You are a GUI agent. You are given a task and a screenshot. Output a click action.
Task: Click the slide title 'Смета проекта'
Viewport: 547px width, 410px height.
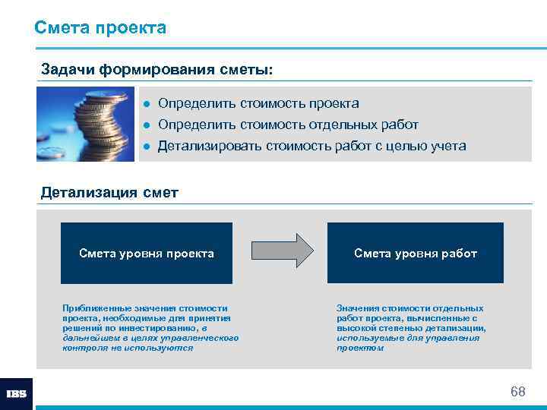point(100,28)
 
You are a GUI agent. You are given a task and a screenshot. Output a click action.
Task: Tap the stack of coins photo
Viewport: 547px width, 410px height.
point(82,123)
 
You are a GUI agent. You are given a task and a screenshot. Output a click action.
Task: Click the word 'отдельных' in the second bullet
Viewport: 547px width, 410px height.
point(337,125)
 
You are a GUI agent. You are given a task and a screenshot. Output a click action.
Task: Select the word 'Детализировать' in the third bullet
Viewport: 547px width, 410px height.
point(209,146)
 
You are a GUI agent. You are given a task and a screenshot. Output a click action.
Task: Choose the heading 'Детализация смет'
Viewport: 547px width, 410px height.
point(109,192)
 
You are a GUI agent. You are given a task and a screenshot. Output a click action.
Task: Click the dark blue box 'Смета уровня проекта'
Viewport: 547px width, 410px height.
point(147,253)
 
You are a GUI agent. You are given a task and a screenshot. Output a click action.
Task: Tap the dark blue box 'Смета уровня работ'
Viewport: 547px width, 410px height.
point(415,253)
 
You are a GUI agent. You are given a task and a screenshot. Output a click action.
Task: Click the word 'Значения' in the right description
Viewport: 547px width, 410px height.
point(358,308)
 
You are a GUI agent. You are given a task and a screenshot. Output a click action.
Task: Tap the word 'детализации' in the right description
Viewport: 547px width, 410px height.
point(458,328)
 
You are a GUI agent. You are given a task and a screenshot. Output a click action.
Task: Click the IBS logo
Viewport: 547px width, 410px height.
point(16,393)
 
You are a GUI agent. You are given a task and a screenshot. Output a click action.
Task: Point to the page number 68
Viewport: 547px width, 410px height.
point(517,392)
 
